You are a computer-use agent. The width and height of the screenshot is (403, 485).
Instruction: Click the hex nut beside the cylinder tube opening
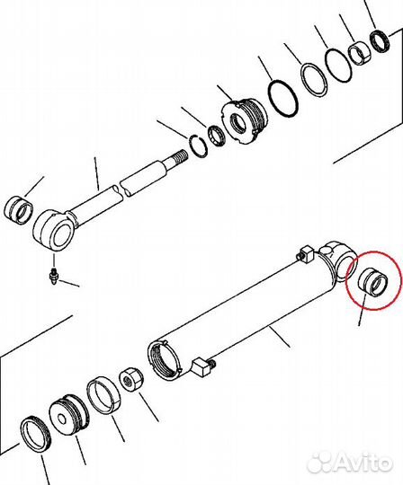(131, 380)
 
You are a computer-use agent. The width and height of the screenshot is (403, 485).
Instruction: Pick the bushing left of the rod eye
(18, 210)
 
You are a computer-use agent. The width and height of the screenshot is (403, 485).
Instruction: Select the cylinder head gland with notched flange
(245, 120)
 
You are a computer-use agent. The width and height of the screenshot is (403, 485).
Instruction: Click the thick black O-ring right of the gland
(282, 99)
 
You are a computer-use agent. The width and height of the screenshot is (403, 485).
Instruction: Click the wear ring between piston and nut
(103, 395)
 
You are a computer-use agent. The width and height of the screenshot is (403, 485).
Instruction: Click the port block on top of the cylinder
(306, 253)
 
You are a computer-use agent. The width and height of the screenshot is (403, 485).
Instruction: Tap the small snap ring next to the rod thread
(198, 146)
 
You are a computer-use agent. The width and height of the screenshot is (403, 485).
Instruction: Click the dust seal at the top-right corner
(381, 41)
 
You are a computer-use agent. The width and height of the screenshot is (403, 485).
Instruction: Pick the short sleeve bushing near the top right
(359, 55)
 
